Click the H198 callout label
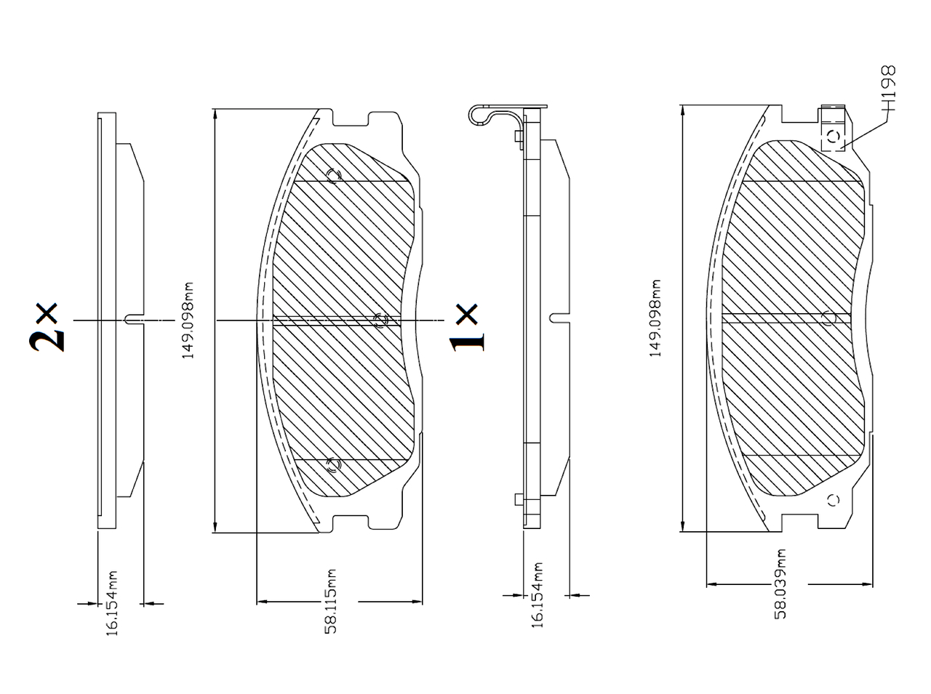[888, 88]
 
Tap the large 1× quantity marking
[467, 327]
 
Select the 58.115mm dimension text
[330, 601]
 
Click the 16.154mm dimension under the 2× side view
[111, 603]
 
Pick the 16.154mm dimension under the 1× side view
[538, 595]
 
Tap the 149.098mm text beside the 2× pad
[188, 320]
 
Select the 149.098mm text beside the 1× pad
[655, 318]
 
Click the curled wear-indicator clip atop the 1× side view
[492, 115]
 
